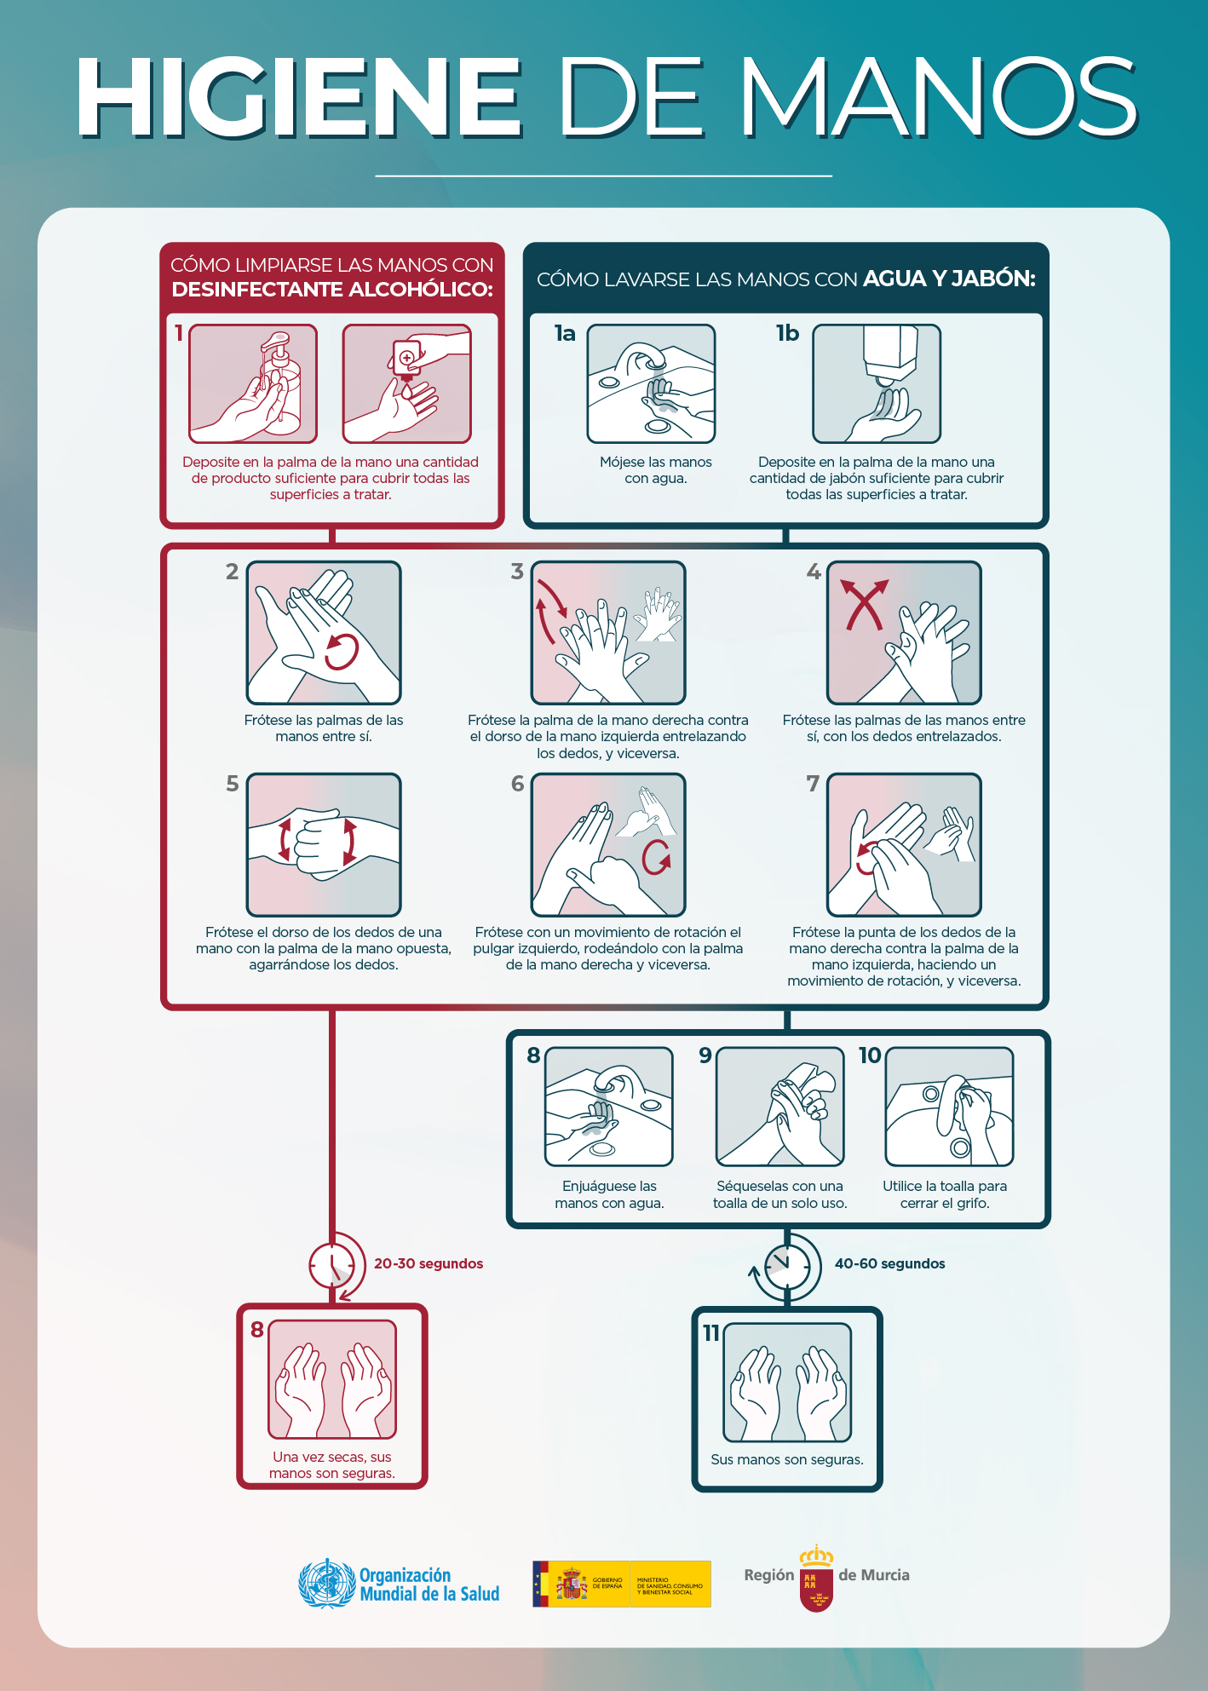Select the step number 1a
click(x=565, y=333)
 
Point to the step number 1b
click(x=787, y=333)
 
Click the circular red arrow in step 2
click(x=341, y=652)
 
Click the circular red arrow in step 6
click(x=656, y=857)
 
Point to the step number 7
click(x=813, y=784)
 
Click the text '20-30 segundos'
click(x=429, y=1263)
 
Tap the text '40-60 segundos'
click(x=889, y=1263)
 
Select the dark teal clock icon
click(x=787, y=1266)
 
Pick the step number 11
click(x=711, y=1333)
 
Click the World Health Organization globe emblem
click(x=326, y=1584)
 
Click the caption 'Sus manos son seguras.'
click(x=787, y=1459)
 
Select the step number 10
click(x=870, y=1055)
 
